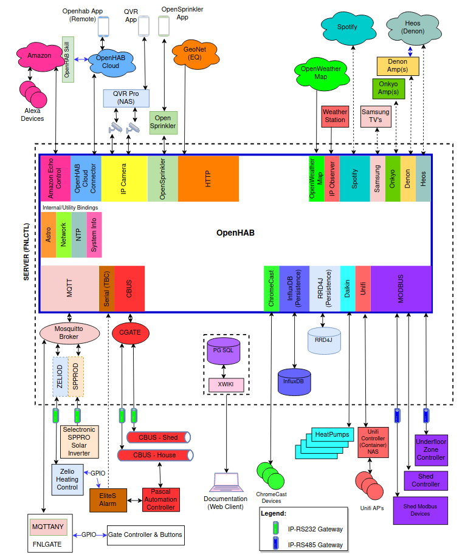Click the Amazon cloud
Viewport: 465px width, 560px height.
[x=40, y=55]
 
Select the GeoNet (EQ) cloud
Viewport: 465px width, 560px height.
[x=187, y=53]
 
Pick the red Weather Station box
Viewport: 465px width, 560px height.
[x=334, y=116]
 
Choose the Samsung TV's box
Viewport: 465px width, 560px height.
[x=375, y=116]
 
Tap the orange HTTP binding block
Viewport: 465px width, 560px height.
[x=208, y=179]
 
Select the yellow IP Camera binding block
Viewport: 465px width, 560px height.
[x=124, y=179]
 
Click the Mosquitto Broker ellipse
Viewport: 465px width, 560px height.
[x=69, y=332]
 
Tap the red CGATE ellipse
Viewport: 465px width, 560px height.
[x=130, y=332]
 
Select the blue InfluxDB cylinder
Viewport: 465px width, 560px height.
[x=294, y=381]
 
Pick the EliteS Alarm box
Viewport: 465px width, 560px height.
[x=107, y=499]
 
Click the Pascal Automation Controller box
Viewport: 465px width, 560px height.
[x=162, y=499]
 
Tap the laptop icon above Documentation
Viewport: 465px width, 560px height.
[x=226, y=482]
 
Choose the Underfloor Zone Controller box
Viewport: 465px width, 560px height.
[x=430, y=449]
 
